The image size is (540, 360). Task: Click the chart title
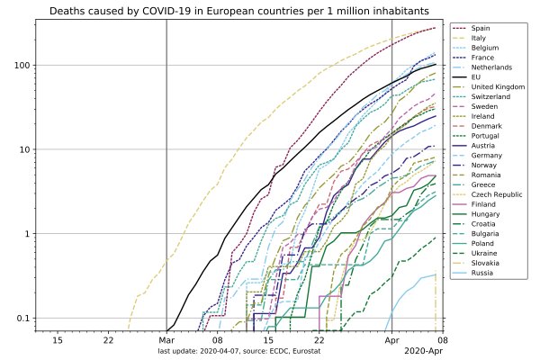[238, 11]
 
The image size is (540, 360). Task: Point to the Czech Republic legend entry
[494, 194]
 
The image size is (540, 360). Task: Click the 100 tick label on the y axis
[22, 66]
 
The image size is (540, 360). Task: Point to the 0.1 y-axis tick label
[22, 319]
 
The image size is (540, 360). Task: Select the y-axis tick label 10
[24, 150]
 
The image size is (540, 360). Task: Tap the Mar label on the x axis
[166, 340]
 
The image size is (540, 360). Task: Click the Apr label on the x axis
[391, 340]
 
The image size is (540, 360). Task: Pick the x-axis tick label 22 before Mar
[109, 340]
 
